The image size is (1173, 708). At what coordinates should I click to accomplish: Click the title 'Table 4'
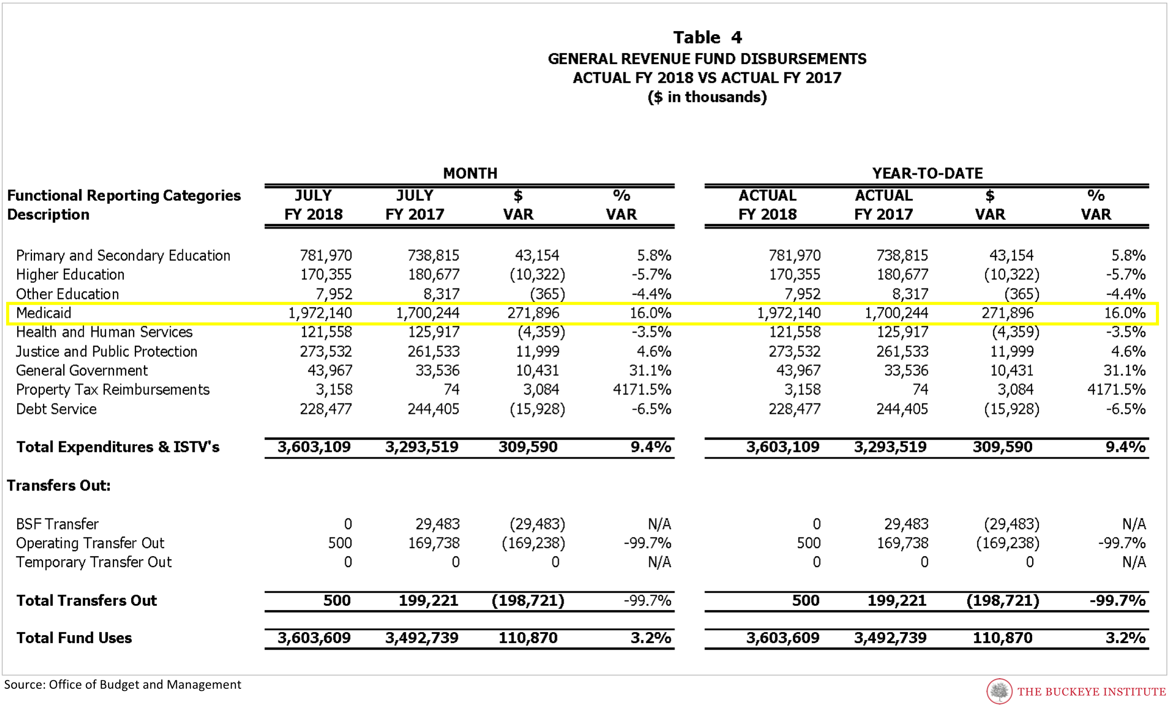(x=707, y=37)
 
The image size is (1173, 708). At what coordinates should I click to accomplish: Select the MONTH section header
(x=470, y=173)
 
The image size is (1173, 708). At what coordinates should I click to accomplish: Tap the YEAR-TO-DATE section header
(x=927, y=173)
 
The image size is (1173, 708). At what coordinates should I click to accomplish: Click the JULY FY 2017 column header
(x=415, y=205)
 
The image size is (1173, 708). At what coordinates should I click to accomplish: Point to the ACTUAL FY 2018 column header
(x=767, y=205)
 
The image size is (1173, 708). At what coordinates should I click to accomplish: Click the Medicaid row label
(x=44, y=313)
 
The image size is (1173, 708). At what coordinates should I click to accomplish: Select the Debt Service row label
(x=56, y=409)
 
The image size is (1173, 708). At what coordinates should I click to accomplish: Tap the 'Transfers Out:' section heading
(x=58, y=485)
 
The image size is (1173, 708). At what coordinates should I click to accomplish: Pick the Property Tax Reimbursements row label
(x=113, y=389)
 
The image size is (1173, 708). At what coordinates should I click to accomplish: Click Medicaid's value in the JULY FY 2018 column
(x=320, y=313)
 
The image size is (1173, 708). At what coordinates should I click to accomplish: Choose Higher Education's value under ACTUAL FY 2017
(x=902, y=274)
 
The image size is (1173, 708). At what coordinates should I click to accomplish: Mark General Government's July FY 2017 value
(x=438, y=370)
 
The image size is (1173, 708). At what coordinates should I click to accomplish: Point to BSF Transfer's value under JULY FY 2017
(x=438, y=524)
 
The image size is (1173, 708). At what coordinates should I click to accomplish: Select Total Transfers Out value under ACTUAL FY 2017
(x=897, y=600)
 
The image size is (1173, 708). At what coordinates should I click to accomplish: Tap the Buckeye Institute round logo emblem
(x=999, y=691)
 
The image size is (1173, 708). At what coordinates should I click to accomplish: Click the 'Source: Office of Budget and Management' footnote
(x=122, y=685)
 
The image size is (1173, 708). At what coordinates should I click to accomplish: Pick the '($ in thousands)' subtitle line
(x=707, y=97)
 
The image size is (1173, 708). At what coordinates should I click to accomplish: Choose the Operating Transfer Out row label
(x=90, y=543)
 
